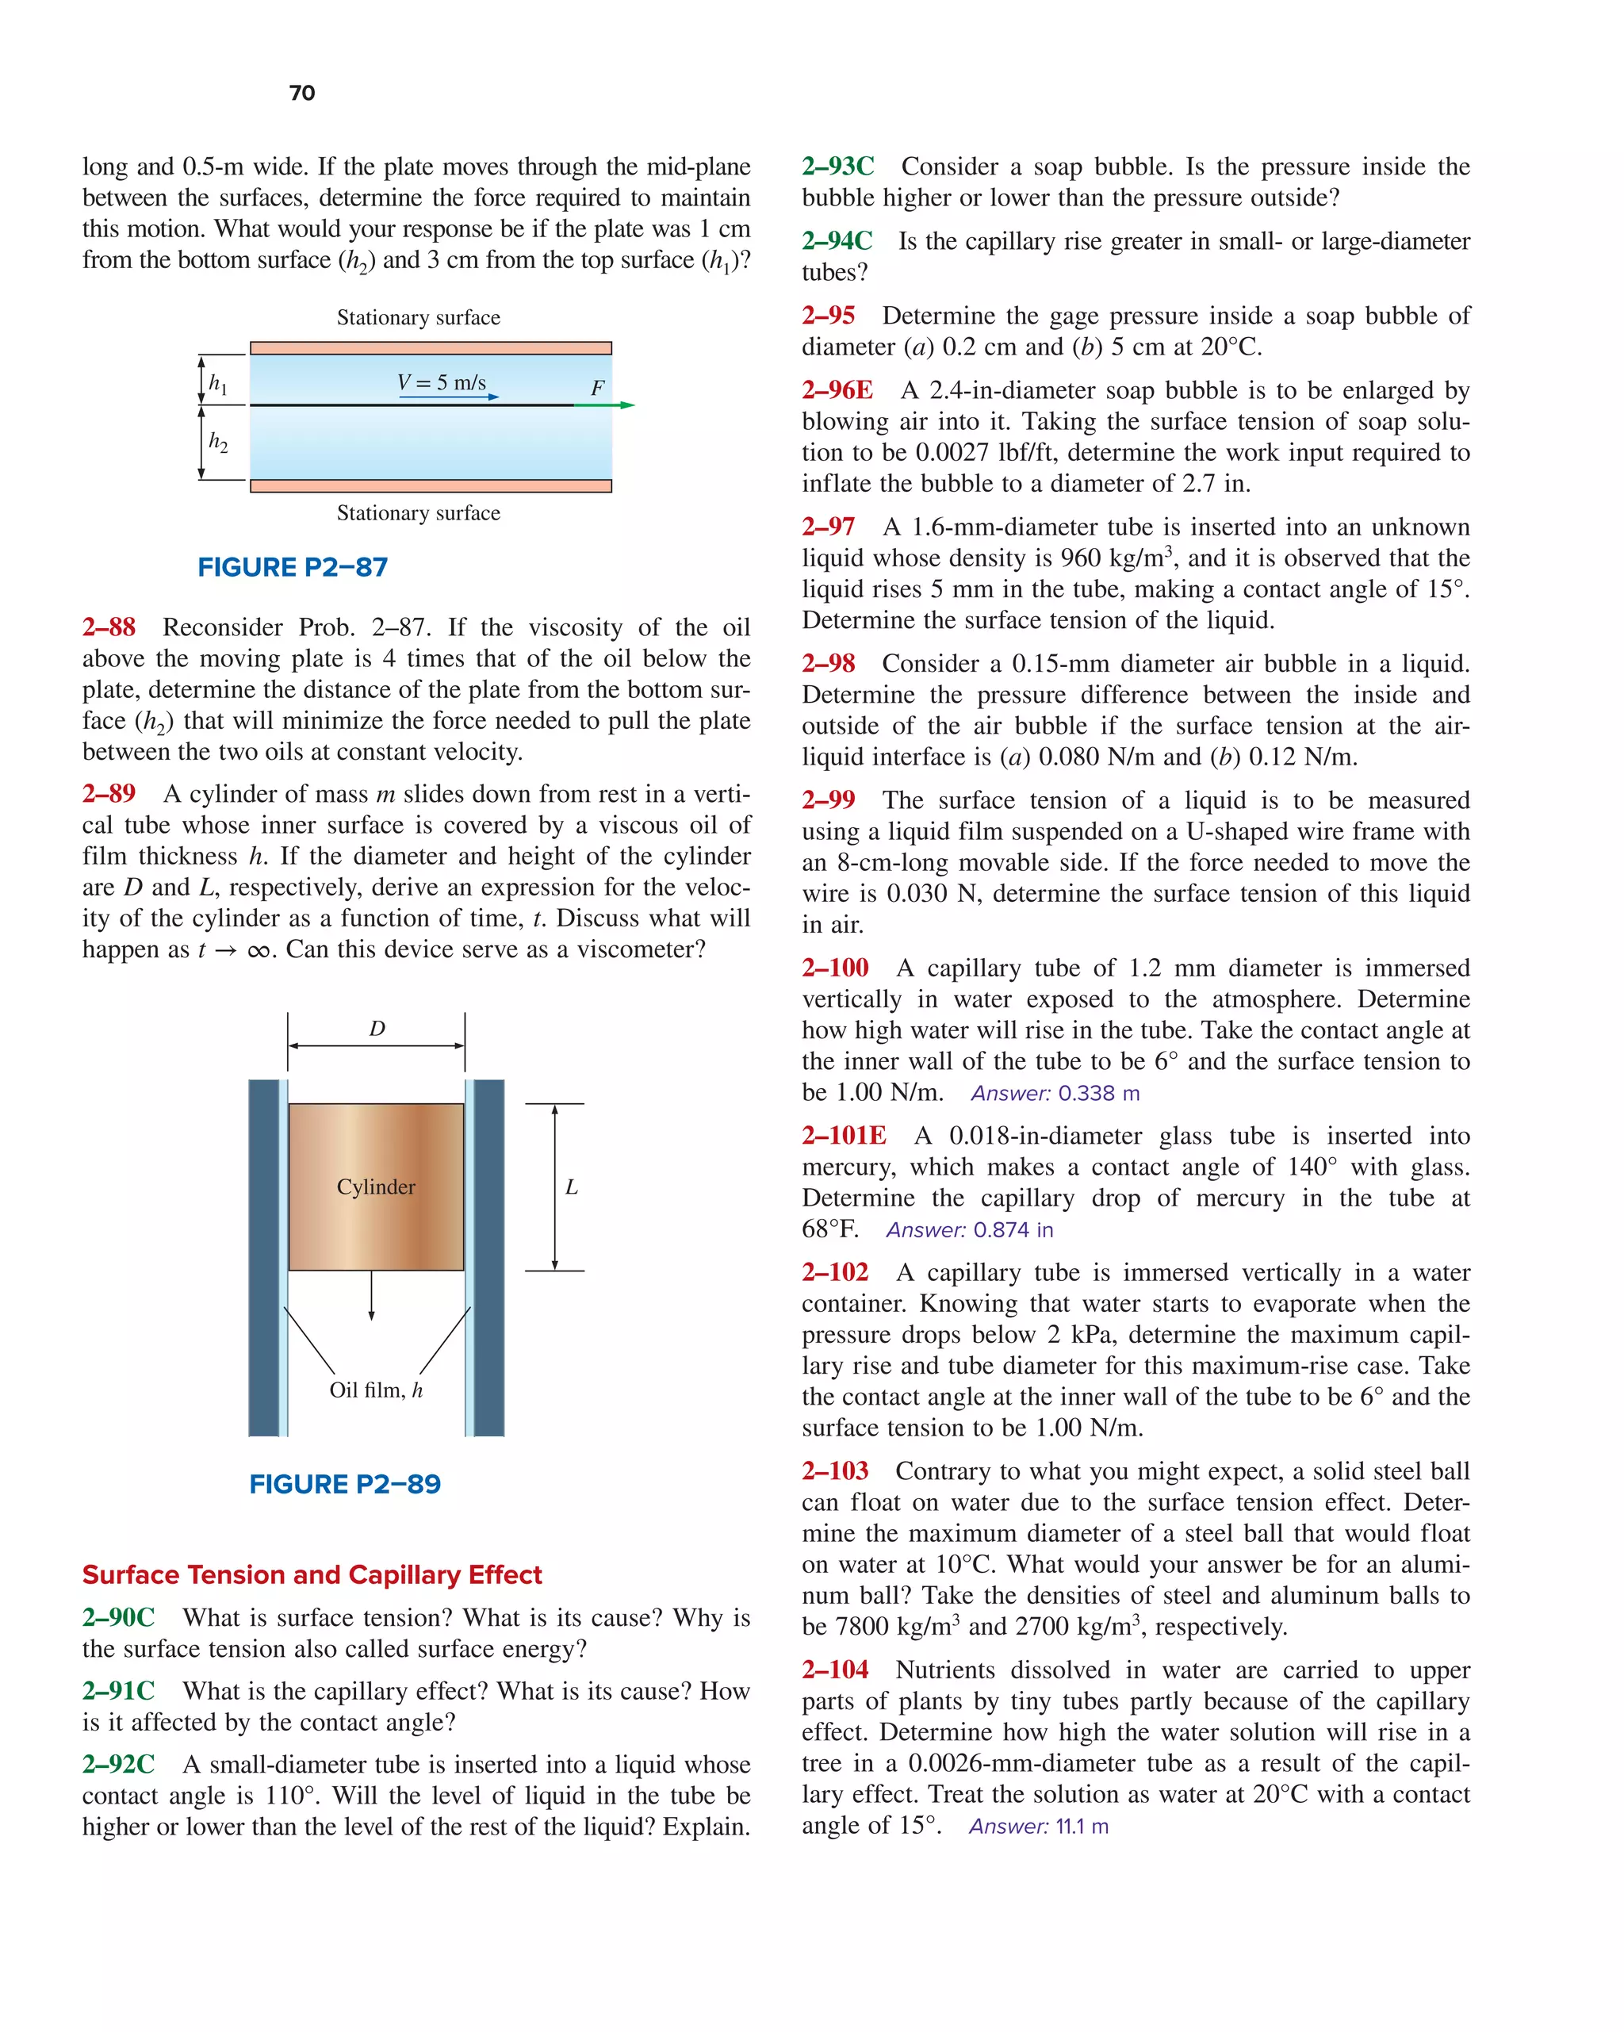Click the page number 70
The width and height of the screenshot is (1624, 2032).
coord(301,92)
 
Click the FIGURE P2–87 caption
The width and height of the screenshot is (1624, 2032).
coord(292,567)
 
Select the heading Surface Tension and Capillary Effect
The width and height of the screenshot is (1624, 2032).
coord(312,1575)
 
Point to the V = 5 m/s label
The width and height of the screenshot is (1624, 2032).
coord(441,382)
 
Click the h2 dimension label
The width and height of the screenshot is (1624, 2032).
coord(218,441)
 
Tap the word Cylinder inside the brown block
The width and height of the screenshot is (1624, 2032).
coord(375,1187)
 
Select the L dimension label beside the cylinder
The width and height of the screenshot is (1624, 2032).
coord(571,1187)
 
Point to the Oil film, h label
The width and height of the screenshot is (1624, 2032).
coord(376,1390)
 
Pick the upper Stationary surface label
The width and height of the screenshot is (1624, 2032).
coord(419,317)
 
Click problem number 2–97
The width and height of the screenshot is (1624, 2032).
coord(829,527)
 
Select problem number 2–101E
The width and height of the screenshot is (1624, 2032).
coord(844,1136)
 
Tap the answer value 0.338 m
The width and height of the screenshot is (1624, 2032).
coord(1099,1093)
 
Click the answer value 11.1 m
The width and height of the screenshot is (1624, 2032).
coord(1082,1827)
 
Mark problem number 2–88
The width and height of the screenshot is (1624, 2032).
coord(109,627)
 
